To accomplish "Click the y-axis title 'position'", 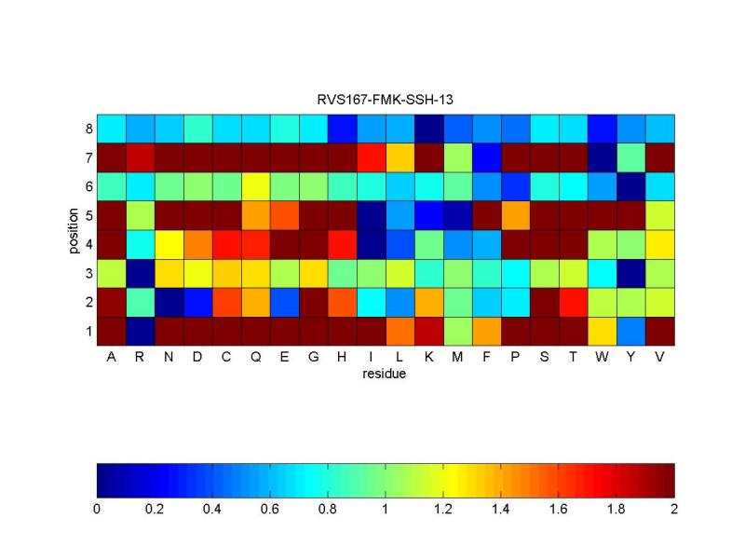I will coord(73,229).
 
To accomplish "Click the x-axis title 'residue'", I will coord(386,375).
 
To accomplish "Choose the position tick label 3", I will coord(88,273).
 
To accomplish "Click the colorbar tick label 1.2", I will coord(443,510).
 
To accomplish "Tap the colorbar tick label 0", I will coord(97,510).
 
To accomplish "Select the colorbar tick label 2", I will coord(673,510).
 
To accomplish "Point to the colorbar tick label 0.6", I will coord(270,510).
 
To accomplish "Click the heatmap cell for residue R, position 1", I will coord(140,331).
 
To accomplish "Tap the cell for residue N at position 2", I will coord(169,302).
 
